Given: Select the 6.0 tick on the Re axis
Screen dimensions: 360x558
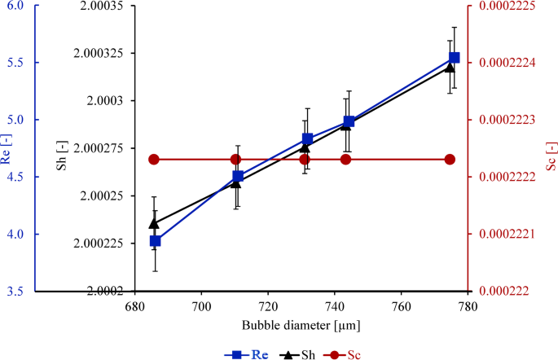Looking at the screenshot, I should [x=15, y=6].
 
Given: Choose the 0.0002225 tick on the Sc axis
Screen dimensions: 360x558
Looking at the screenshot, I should [x=503, y=6].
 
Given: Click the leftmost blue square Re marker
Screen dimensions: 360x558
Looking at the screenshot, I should [x=155, y=241].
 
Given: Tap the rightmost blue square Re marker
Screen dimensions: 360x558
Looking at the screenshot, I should [x=454, y=58].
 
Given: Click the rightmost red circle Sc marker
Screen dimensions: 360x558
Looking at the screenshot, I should [x=450, y=159].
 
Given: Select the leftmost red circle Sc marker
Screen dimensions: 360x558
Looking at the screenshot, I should [x=153, y=159].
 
